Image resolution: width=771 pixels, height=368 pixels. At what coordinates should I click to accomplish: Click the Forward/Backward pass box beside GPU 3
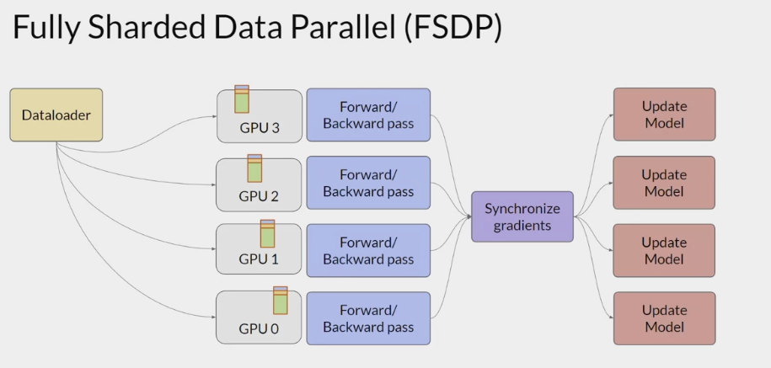point(368,115)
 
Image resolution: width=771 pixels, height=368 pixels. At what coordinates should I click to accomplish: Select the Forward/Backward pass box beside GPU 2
point(368,183)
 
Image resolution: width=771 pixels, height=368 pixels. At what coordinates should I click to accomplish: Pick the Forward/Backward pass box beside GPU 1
point(368,250)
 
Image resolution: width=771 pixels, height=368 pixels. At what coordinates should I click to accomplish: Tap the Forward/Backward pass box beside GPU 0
point(368,317)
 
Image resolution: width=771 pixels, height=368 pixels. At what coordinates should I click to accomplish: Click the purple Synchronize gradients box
point(522,216)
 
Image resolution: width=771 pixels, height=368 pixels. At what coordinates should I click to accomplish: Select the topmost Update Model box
point(664,115)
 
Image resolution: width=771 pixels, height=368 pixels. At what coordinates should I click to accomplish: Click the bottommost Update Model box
point(664,317)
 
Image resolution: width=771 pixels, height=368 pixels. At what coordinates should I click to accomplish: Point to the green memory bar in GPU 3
point(242,101)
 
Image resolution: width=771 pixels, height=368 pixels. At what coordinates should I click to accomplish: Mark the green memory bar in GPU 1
point(268,236)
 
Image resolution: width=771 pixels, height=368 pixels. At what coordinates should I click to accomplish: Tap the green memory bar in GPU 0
point(281,303)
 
